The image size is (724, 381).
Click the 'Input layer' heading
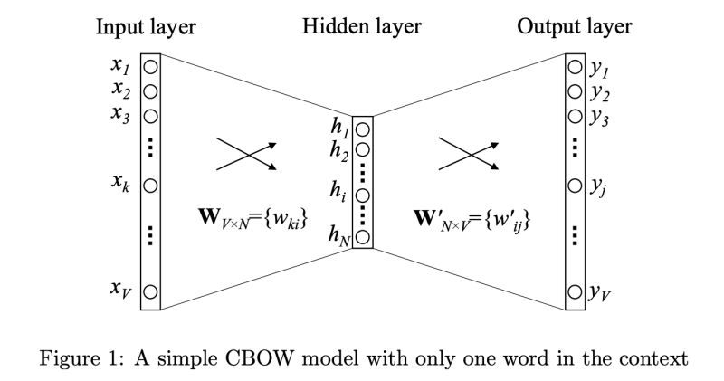pyautogui.click(x=146, y=27)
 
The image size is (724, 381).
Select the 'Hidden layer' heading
pyautogui.click(x=362, y=27)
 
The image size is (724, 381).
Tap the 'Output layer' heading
pyautogui.click(x=574, y=27)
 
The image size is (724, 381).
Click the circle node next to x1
pyautogui.click(x=150, y=67)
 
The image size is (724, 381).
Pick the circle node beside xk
pyautogui.click(x=150, y=186)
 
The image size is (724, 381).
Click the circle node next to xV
pyautogui.click(x=150, y=291)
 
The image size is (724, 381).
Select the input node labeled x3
pyautogui.click(x=150, y=116)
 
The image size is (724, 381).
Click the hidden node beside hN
pyautogui.click(x=362, y=238)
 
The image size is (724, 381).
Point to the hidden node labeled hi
pyautogui.click(x=362, y=195)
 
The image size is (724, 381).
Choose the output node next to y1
pyautogui.click(x=574, y=67)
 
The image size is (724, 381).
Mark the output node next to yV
pyautogui.click(x=574, y=291)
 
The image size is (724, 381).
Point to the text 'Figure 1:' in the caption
pyautogui.click(x=74, y=357)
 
